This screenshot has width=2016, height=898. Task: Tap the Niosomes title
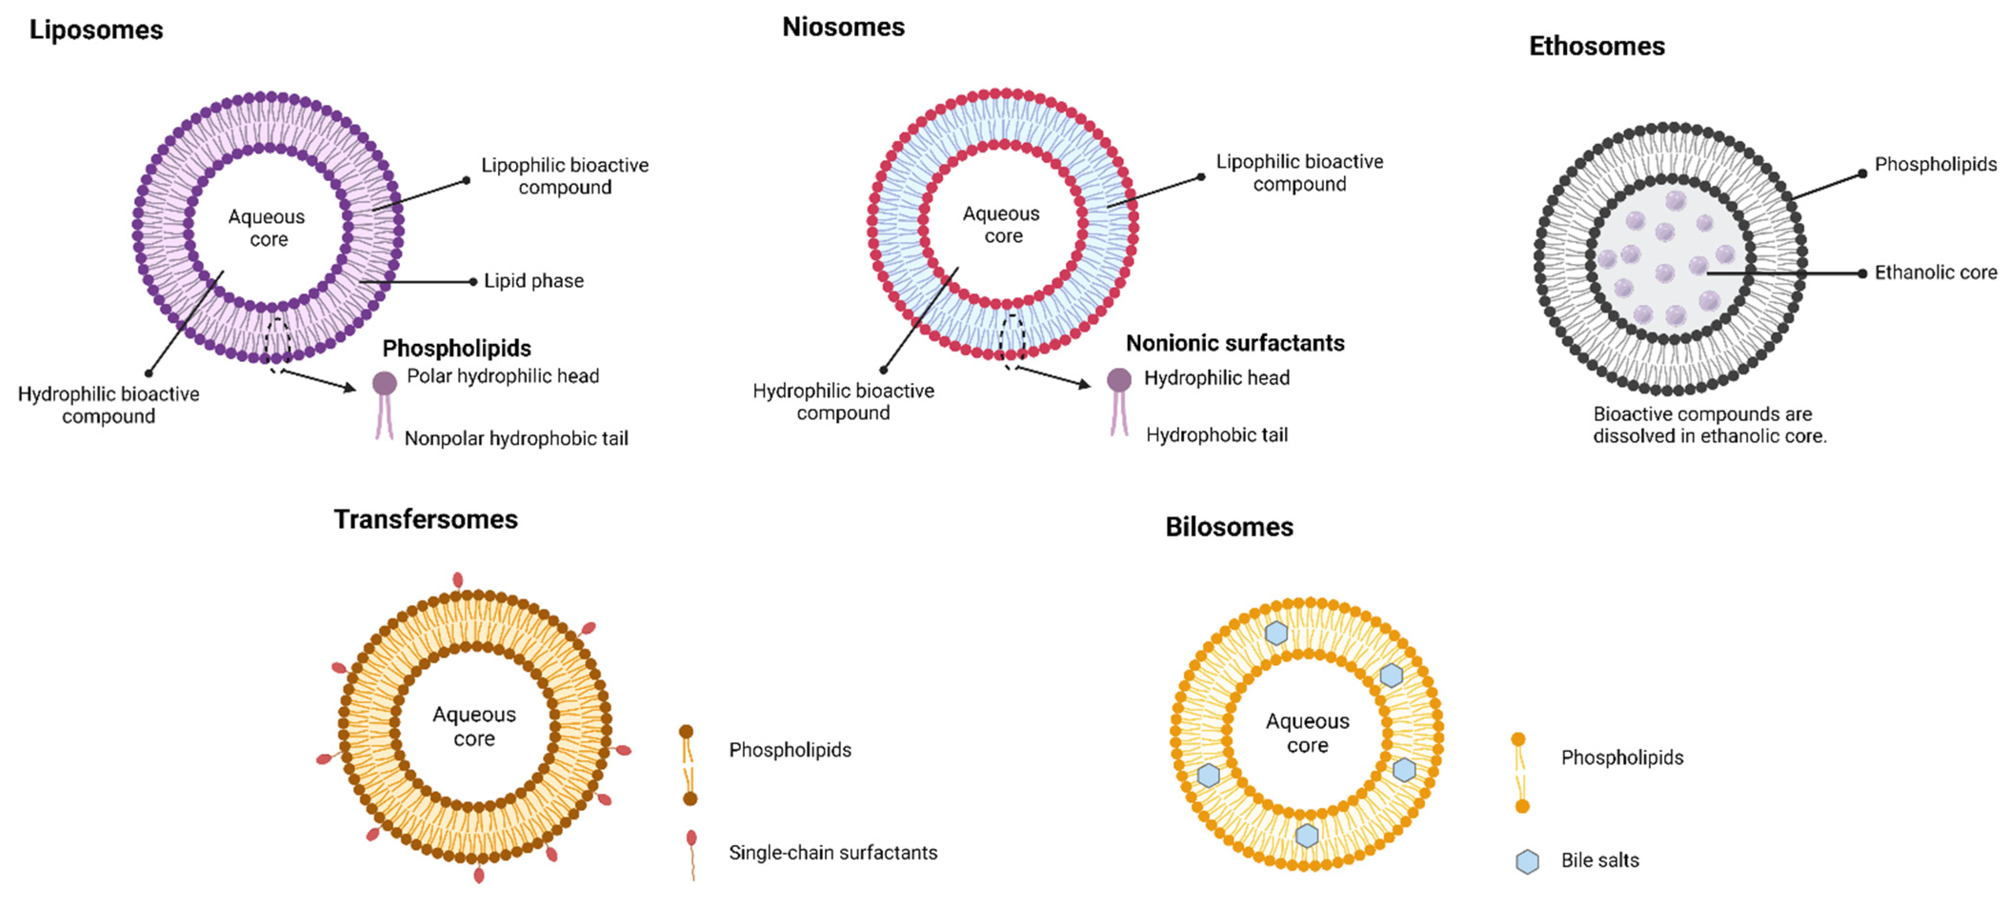click(843, 28)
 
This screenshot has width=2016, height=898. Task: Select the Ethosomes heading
click(1596, 46)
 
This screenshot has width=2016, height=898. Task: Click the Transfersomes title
click(426, 520)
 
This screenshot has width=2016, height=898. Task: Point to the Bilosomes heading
click(1229, 527)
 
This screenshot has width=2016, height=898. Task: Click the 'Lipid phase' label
click(534, 281)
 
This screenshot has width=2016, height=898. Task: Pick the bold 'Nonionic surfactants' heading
click(1235, 343)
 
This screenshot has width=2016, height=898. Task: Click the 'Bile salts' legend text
click(1600, 860)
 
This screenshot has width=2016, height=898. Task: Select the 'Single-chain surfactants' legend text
click(832, 853)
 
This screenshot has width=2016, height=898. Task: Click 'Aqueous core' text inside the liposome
click(267, 228)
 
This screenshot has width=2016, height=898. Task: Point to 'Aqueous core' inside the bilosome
click(1308, 733)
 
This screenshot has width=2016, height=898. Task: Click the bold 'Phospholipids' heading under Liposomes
click(456, 348)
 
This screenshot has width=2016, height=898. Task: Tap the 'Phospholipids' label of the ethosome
click(1936, 164)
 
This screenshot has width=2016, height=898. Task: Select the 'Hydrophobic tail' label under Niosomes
click(1217, 435)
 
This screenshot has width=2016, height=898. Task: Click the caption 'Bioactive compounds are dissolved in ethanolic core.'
click(1709, 425)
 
